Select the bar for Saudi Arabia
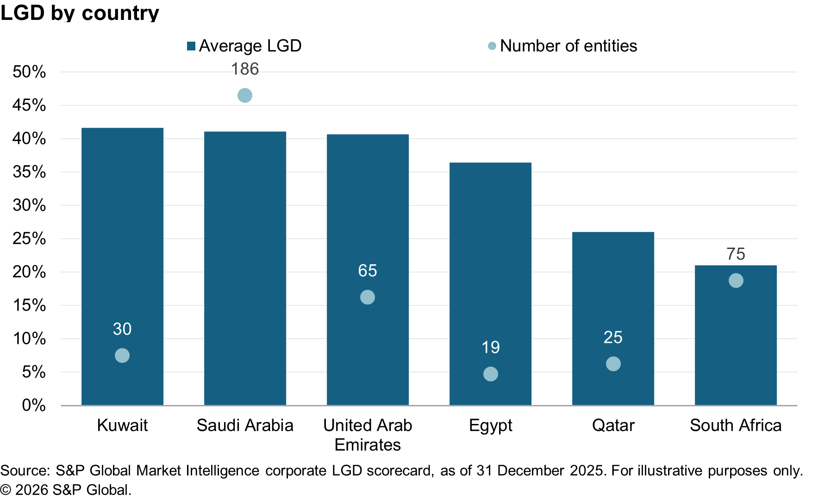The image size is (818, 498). tap(245, 268)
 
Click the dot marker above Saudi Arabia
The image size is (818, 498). tap(245, 95)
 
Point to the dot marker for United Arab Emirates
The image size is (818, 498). tap(368, 297)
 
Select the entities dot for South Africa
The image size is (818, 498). tap(736, 280)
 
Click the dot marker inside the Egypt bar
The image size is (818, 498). tap(490, 374)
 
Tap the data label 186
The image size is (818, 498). tap(245, 69)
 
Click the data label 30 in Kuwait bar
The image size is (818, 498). tap(122, 329)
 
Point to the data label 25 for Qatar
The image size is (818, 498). tap(613, 337)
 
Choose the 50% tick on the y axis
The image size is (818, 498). tap(29, 72)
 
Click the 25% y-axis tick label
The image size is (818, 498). tap(29, 239)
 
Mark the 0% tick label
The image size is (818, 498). tap(34, 405)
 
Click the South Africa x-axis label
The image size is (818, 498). tap(736, 425)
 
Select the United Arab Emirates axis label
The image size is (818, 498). tap(368, 435)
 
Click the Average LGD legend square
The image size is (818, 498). tap(191, 46)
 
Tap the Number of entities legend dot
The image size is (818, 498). tap(492, 46)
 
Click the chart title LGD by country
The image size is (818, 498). tap(80, 12)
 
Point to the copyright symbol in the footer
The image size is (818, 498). tap(6, 490)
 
